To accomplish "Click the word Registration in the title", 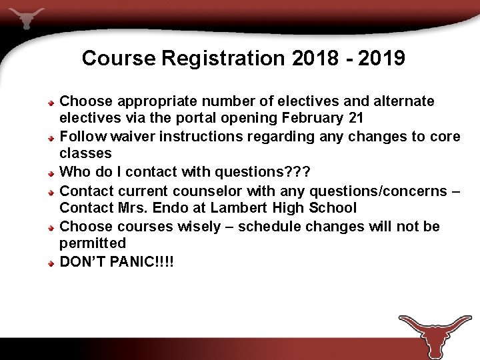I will pos(223,59).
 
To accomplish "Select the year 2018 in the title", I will pos(315,59).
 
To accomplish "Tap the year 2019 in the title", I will pos(381,59).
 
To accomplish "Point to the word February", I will pos(318,119).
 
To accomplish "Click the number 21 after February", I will pos(356,119).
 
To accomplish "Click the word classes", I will pos(85,154).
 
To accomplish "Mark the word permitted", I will pos(93,244).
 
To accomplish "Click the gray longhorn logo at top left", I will pos(27,17).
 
